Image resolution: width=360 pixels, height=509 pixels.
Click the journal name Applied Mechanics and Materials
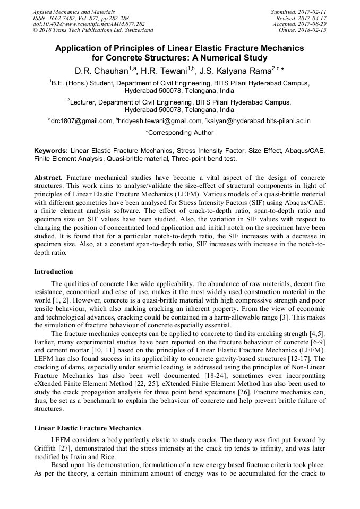(x=74, y=12)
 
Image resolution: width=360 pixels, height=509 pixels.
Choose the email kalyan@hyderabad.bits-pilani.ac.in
(x=255, y=121)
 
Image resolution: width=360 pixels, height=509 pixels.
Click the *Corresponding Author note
(x=179, y=133)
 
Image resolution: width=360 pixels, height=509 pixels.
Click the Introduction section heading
(x=54, y=272)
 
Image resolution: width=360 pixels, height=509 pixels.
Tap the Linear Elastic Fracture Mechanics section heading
(x=88, y=428)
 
